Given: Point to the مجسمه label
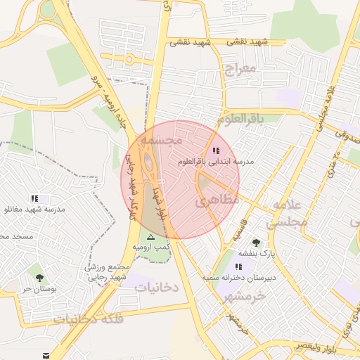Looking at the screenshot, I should tap(161, 141).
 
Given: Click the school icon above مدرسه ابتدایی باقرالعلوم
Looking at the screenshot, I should tap(215, 150).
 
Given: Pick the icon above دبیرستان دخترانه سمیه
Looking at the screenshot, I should tap(239, 266).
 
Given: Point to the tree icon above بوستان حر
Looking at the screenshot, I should tap(39, 278).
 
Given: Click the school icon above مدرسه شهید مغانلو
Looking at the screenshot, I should tap(34, 199).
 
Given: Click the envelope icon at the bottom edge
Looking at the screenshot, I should tap(46, 356).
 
